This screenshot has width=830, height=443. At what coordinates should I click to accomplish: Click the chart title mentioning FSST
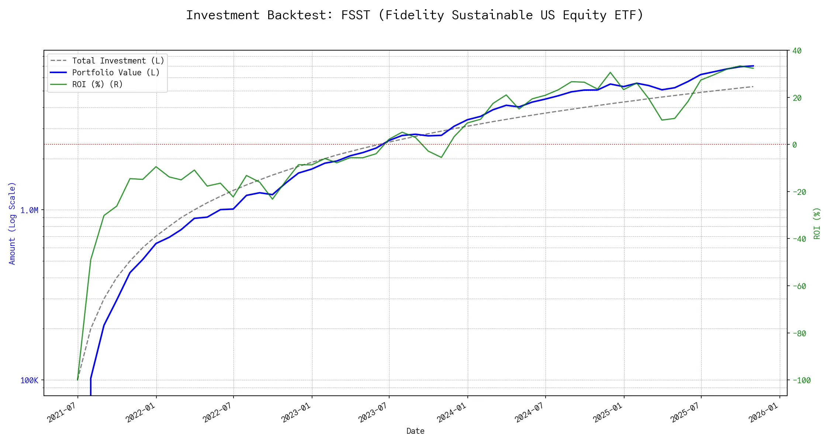click(x=415, y=15)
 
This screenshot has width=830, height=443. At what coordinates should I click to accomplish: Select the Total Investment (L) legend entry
click(x=118, y=61)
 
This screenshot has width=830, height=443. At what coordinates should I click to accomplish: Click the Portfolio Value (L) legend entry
click(x=116, y=73)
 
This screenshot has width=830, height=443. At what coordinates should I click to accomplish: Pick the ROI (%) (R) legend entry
click(x=97, y=85)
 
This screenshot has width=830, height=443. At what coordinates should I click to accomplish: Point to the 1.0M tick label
click(x=29, y=210)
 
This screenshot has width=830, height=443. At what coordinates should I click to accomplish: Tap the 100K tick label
click(x=29, y=381)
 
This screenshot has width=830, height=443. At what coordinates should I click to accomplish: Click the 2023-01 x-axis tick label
click(x=296, y=412)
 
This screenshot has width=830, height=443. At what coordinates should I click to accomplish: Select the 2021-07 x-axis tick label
click(x=62, y=412)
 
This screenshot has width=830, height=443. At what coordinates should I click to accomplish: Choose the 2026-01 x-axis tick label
click(x=764, y=412)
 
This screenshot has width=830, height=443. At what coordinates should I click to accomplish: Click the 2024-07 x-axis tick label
click(x=530, y=412)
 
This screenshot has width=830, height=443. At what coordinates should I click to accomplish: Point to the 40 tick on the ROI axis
click(x=797, y=51)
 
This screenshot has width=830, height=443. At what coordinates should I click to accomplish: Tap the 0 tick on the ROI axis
click(x=795, y=145)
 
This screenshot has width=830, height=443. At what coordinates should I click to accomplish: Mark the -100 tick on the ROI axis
click(x=799, y=381)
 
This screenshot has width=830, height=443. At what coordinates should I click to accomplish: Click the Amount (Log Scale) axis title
click(x=12, y=223)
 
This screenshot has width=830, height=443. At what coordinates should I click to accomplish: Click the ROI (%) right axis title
click(x=817, y=223)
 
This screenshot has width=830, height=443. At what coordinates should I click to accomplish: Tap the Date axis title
click(x=415, y=431)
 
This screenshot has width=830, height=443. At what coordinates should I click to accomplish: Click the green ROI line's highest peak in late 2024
click(x=610, y=72)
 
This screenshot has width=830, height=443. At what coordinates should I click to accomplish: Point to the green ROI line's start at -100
click(x=77, y=380)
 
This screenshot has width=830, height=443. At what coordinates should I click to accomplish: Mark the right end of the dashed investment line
click(x=753, y=87)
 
